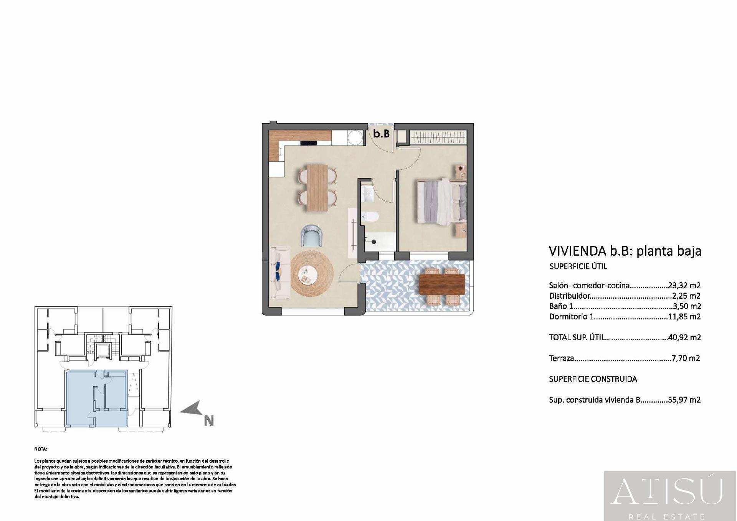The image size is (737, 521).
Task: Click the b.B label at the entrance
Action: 382,134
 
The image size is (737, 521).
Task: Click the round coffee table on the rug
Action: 308,275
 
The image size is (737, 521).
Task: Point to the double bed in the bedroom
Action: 441,202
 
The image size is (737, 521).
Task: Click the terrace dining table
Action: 442,284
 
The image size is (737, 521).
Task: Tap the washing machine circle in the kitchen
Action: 355,138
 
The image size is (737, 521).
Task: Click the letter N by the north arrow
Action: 208,421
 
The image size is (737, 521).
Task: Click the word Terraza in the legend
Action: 561,358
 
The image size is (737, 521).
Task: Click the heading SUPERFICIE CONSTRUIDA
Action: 593,379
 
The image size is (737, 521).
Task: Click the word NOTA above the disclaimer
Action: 40,449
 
